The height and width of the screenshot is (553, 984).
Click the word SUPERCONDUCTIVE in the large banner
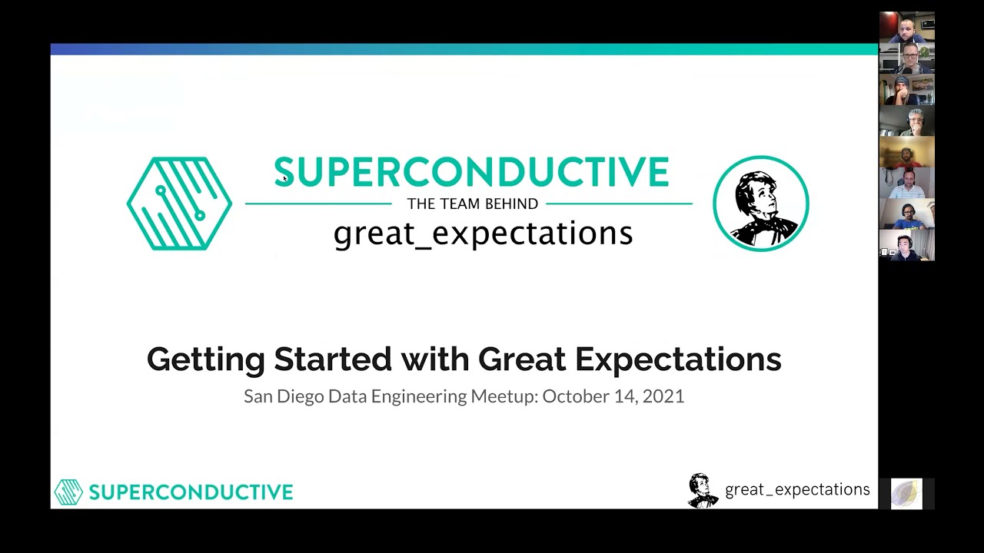[x=471, y=173]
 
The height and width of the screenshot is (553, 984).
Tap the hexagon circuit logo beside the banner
[x=179, y=204]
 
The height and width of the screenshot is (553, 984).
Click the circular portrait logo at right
[x=760, y=204]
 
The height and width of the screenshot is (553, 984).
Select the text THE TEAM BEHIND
[x=472, y=204]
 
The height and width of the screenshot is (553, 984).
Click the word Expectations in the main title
[x=677, y=359]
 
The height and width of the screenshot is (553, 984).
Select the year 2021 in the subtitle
[x=663, y=396]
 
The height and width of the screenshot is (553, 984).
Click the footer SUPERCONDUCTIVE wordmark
[x=191, y=492]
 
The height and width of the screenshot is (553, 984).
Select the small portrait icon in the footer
[x=701, y=490]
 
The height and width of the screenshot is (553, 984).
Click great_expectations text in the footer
[x=797, y=490]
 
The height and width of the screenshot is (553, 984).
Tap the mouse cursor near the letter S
[x=284, y=178]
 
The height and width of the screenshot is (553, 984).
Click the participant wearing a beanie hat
[x=906, y=90]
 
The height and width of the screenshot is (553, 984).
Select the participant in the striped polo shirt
[x=906, y=182]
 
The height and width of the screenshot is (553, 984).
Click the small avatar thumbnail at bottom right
[x=906, y=494]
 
